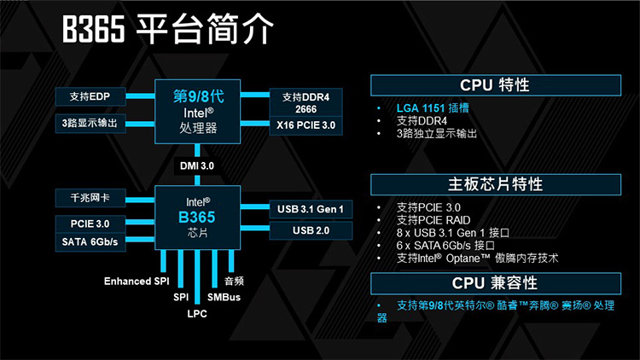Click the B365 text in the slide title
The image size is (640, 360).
pyautogui.click(x=94, y=29)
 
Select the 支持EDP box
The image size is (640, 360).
pyautogui.click(x=90, y=96)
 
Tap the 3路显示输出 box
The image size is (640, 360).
pyautogui.click(x=90, y=123)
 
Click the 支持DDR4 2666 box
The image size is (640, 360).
pyautogui.click(x=306, y=103)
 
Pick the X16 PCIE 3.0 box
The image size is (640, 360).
pyautogui.click(x=306, y=125)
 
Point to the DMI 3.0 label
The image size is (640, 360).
pyautogui.click(x=197, y=166)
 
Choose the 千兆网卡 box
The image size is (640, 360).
pyautogui.click(x=90, y=198)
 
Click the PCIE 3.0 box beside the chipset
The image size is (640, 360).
pyautogui.click(x=90, y=224)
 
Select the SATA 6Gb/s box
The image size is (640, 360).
pyautogui.click(x=90, y=242)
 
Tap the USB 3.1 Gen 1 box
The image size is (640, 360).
pyautogui.click(x=311, y=209)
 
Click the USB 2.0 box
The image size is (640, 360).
pyautogui.click(x=311, y=230)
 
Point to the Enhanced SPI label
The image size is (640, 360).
pyautogui.click(x=137, y=282)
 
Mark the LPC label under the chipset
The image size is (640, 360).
pyautogui.click(x=197, y=314)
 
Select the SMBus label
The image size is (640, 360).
pyautogui.click(x=224, y=297)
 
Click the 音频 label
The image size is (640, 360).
pyautogui.click(x=235, y=281)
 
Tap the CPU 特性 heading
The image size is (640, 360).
pyautogui.click(x=496, y=85)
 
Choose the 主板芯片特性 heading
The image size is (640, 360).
pyautogui.click(x=496, y=184)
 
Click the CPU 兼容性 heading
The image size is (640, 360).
pyautogui.click(x=496, y=283)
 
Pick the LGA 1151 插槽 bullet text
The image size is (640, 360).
pyautogui.click(x=433, y=108)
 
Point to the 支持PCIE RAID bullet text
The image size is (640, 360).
pyautogui.click(x=433, y=220)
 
